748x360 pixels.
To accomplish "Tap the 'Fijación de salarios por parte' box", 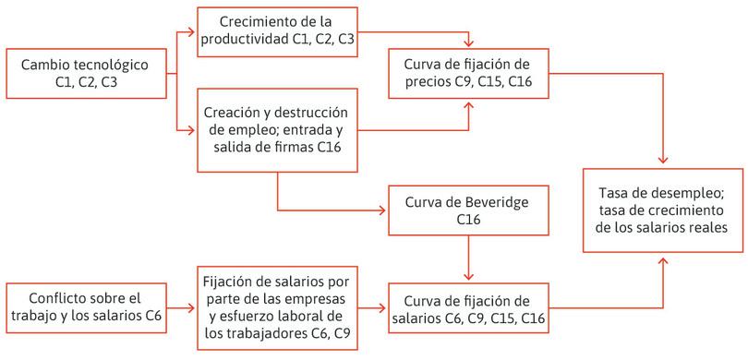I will click(278, 306).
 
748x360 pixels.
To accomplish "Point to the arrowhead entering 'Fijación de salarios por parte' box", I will click(193, 306).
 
